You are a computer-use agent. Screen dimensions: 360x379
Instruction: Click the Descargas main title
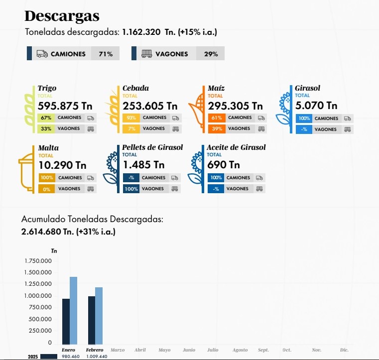click(62, 16)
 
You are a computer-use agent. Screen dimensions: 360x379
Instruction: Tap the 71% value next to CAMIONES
click(105, 54)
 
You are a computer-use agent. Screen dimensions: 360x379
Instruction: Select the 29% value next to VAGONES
click(211, 54)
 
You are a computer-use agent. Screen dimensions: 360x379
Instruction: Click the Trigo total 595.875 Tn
click(65, 106)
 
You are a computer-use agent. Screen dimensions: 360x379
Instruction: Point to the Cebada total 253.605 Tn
click(150, 106)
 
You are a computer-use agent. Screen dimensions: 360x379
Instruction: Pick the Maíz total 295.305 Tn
click(235, 106)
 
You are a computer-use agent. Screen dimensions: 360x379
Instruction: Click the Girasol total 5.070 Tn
click(316, 106)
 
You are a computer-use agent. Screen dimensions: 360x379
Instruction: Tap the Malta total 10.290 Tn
click(62, 165)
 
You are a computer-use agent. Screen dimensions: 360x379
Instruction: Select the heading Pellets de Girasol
click(152, 147)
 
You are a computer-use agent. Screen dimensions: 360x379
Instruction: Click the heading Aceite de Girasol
click(237, 147)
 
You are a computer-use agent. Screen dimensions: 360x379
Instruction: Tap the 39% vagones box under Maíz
click(216, 129)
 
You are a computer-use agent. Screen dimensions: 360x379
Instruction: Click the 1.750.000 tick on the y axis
click(38, 261)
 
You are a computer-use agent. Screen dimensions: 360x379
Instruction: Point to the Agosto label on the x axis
click(240, 350)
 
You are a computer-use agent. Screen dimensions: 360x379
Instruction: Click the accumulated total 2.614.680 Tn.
click(48, 232)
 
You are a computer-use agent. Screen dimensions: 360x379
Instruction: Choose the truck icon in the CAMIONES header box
click(42, 54)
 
